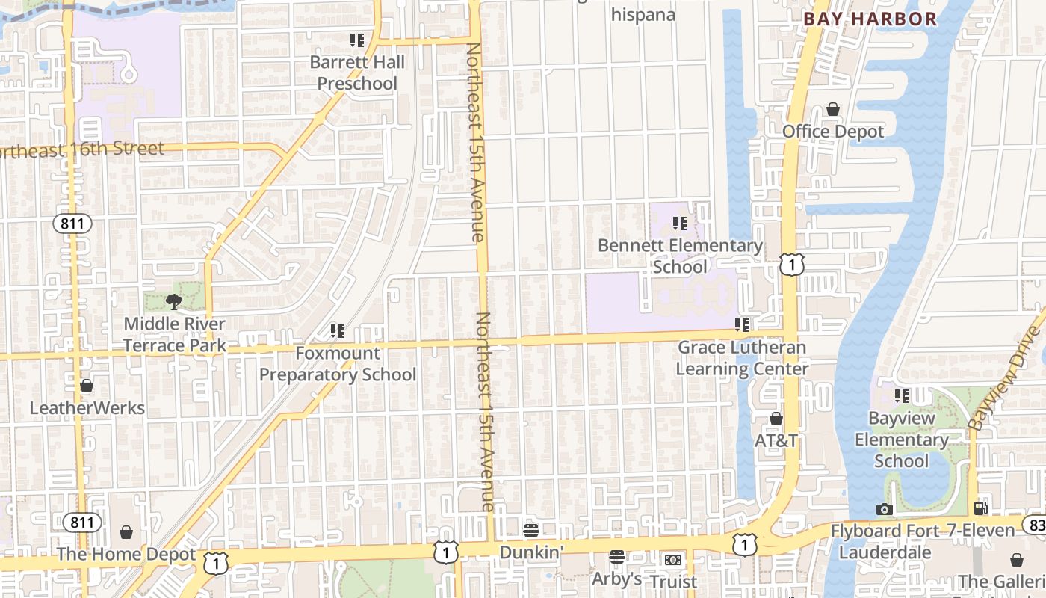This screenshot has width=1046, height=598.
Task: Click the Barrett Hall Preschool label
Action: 357,73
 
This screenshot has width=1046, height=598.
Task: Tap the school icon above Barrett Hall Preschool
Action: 357,40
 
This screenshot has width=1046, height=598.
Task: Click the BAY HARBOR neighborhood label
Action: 870,19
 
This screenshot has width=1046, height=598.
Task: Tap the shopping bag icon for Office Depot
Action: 833,110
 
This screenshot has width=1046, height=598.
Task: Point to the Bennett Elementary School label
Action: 680,256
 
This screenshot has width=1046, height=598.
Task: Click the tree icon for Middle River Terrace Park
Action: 174,302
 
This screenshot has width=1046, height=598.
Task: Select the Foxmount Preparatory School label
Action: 338,363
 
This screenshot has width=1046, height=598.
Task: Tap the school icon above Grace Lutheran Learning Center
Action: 742,325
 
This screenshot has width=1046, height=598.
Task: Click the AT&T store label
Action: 776,440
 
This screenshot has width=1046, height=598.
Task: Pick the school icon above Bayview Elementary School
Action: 902,395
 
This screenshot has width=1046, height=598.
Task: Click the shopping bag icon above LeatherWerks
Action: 87,386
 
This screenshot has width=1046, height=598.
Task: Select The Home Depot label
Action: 126,555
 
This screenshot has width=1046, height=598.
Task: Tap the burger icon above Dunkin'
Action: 531,531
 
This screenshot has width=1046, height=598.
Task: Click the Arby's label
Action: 616,579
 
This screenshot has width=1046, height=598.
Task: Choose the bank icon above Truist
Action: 673,560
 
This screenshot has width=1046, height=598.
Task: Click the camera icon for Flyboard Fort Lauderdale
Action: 885,510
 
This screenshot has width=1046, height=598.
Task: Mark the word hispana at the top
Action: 643,14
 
